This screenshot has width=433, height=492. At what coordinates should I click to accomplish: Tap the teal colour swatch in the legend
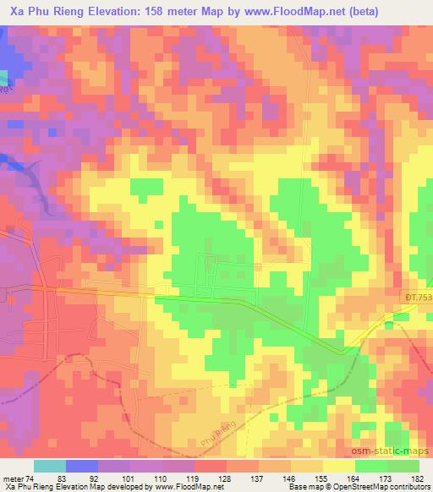point(50,467)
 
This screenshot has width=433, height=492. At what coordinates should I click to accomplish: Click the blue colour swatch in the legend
point(82,467)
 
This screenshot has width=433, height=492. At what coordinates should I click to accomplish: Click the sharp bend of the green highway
point(343,350)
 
